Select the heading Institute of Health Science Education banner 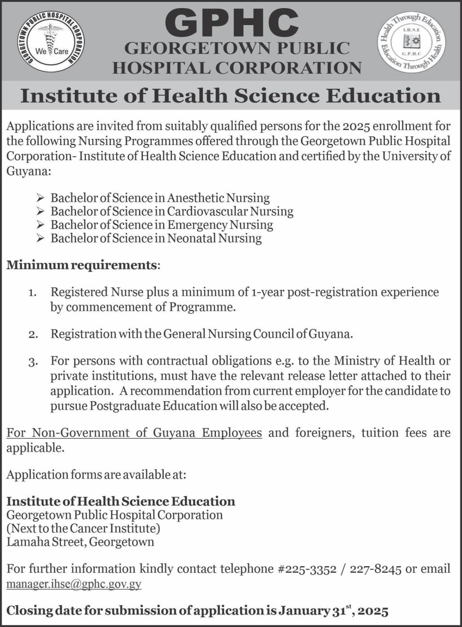(x=231, y=96)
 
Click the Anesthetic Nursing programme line (x=160, y=198)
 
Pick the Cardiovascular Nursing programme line (x=172, y=211)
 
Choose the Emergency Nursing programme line (x=162, y=224)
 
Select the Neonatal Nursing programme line (x=156, y=238)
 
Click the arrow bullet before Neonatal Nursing (x=40, y=238)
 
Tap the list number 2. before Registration (x=32, y=335)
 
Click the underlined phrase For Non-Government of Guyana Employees (x=134, y=433)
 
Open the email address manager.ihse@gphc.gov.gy (x=74, y=584)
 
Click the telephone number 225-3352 (x=302, y=569)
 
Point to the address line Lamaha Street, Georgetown (x=81, y=542)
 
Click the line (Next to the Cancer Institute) (x=83, y=528)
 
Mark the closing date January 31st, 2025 (x=333, y=610)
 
